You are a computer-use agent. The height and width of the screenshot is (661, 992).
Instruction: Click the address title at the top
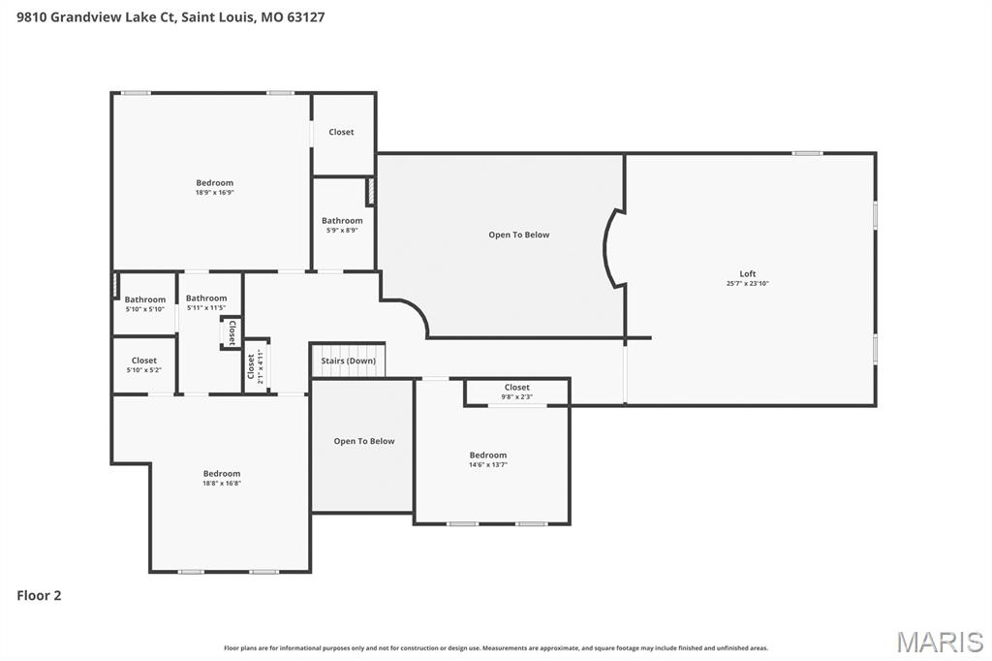click(170, 16)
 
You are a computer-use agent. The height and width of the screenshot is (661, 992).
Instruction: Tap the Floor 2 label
click(39, 596)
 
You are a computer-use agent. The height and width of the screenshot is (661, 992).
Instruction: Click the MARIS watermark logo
click(939, 642)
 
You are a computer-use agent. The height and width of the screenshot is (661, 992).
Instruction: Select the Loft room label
click(747, 273)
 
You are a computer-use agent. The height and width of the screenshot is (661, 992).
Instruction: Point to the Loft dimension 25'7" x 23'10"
click(747, 284)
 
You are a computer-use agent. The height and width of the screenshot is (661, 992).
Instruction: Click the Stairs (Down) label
click(348, 361)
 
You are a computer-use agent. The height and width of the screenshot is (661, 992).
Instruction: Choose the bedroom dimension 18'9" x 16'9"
click(214, 193)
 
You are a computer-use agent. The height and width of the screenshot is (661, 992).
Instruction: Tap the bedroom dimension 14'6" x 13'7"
click(487, 465)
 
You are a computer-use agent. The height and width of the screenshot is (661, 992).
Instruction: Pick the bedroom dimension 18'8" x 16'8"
click(221, 483)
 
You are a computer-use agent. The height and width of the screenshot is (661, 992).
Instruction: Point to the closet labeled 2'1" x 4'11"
click(254, 366)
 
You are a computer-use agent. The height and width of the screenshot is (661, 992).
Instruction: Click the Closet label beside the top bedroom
click(341, 132)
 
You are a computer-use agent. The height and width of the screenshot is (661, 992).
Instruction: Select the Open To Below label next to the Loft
click(518, 235)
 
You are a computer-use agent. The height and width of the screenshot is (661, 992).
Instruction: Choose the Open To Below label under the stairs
click(364, 441)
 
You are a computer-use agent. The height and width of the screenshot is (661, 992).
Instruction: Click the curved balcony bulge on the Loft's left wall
click(612, 249)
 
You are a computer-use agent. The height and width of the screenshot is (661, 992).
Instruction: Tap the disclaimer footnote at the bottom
click(495, 647)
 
